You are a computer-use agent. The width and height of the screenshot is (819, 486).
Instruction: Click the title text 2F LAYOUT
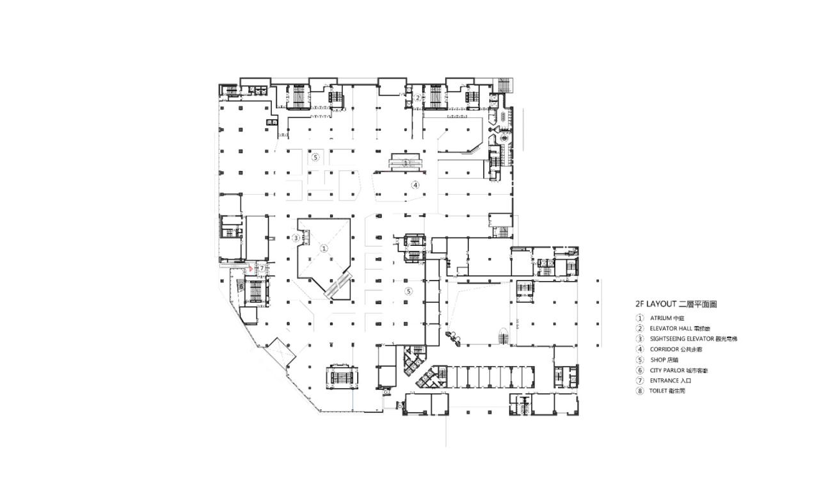[655, 305]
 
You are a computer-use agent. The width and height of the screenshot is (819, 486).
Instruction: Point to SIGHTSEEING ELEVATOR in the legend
[681, 339]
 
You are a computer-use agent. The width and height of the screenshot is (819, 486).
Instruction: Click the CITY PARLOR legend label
[668, 370]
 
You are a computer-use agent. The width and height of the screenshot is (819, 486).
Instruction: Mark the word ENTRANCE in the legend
[664, 380]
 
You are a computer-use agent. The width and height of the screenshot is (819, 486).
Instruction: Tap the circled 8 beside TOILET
[639, 391]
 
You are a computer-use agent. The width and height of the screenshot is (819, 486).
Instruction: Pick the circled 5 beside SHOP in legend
[639, 359]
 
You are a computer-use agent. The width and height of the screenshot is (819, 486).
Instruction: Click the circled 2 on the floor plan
[417, 98]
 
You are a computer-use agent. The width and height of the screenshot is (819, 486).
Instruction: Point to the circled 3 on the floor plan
[296, 238]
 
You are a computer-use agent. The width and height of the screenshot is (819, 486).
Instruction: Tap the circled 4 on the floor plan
[415, 186]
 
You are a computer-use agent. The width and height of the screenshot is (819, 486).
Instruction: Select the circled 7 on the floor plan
[261, 268]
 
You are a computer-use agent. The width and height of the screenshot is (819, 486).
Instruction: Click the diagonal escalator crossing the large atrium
[338, 286]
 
